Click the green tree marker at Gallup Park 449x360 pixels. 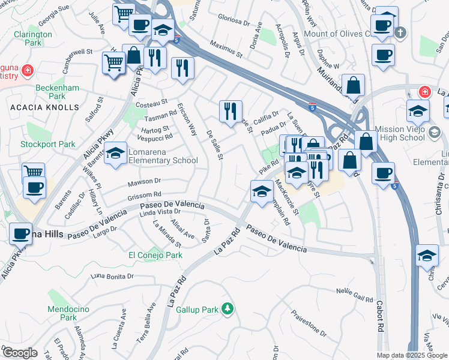pos(227,309)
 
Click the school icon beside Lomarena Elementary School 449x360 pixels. pos(116,155)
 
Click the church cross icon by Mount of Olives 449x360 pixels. pos(405,33)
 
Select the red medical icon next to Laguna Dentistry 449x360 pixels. pos(26,71)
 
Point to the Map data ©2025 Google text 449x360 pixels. pos(412,355)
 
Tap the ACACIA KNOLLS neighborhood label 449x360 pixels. pos(44,107)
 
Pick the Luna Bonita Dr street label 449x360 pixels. pos(111,276)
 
